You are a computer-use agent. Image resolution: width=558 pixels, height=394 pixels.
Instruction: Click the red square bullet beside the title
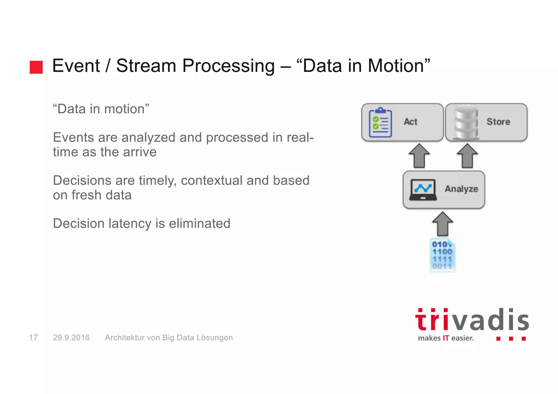[x=36, y=67]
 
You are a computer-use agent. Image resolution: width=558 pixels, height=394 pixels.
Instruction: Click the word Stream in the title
[x=146, y=66]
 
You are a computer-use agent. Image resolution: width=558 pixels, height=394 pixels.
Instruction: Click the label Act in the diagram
[x=410, y=122]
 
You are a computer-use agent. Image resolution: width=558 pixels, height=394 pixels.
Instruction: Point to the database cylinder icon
[x=466, y=123]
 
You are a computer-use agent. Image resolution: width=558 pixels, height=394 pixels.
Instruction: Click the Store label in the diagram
[x=498, y=122]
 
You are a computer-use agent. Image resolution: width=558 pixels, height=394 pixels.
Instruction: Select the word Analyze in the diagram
[x=461, y=189]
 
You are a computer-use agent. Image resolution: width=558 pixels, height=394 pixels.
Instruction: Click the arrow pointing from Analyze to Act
[x=419, y=156]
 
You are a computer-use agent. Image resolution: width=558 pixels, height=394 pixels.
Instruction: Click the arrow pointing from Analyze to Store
[x=467, y=156]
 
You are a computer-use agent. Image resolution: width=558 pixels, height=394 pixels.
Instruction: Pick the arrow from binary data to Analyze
[x=443, y=224]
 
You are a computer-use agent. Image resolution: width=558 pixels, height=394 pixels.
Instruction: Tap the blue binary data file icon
[x=442, y=255]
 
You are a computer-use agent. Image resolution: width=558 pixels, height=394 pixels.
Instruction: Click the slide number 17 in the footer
[x=33, y=338]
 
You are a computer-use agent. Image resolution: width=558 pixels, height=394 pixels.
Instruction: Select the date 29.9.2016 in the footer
[x=71, y=338]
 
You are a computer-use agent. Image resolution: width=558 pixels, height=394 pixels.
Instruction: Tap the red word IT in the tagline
[x=446, y=338]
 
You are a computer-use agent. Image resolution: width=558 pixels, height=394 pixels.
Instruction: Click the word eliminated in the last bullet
[x=199, y=224]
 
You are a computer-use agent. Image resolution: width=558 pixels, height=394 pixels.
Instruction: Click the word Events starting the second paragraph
[x=74, y=138]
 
